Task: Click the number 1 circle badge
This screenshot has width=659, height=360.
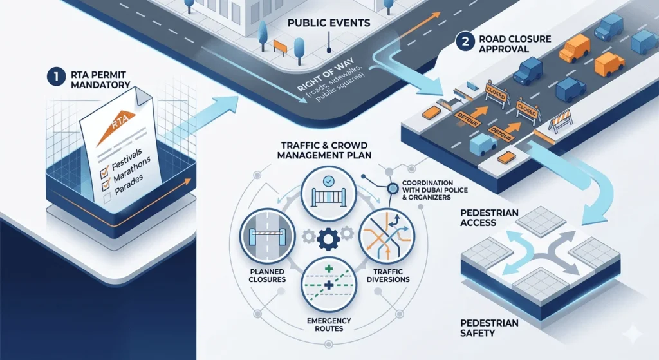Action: (x=56, y=77)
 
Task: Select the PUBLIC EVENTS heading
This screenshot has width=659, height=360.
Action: (x=329, y=23)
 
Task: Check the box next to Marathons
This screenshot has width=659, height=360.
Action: (x=105, y=184)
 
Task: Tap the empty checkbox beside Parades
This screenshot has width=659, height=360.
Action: (x=107, y=198)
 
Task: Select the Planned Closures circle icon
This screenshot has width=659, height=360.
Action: (x=267, y=236)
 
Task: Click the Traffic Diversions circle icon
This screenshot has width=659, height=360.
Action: (x=387, y=236)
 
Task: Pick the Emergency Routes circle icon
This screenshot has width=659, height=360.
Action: (x=329, y=285)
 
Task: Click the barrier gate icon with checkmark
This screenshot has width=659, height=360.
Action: (x=329, y=193)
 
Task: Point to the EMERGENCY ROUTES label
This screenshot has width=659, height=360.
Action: (x=329, y=324)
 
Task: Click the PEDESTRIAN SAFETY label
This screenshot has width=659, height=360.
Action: (x=489, y=328)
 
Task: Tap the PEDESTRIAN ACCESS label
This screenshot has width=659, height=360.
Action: (x=489, y=218)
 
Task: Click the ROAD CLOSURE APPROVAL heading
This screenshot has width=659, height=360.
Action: (x=515, y=44)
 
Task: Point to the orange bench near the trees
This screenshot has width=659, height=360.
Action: (x=280, y=46)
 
